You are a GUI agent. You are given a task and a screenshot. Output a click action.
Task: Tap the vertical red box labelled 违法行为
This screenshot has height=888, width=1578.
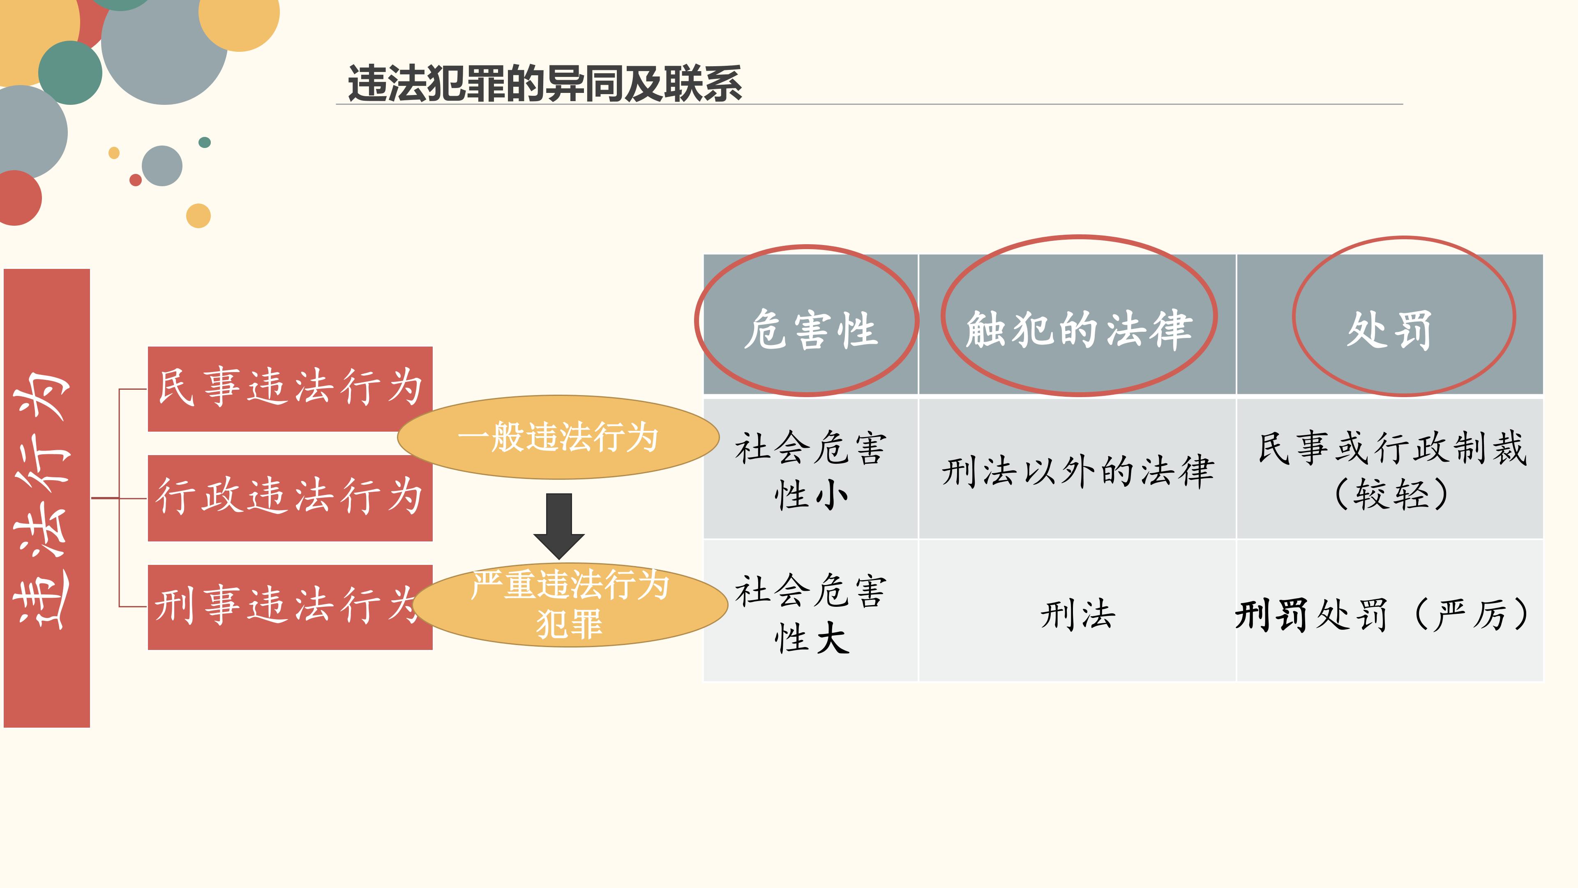(46, 497)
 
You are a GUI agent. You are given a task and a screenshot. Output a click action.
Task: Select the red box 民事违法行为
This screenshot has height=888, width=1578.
(290, 388)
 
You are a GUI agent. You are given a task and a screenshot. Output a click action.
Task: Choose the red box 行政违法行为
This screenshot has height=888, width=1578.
(290, 497)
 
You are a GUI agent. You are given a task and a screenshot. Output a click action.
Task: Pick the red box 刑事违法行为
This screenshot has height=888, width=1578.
(290, 607)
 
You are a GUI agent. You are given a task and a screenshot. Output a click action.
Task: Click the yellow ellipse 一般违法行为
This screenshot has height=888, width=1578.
(558, 437)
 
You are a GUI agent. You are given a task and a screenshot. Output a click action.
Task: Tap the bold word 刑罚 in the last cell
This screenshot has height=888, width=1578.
(1272, 614)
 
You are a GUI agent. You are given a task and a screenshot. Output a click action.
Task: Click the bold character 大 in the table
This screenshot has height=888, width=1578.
(833, 637)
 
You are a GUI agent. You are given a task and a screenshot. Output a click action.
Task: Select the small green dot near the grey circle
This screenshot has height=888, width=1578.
(205, 142)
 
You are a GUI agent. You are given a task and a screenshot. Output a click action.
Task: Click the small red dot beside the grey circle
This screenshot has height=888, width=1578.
(135, 180)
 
